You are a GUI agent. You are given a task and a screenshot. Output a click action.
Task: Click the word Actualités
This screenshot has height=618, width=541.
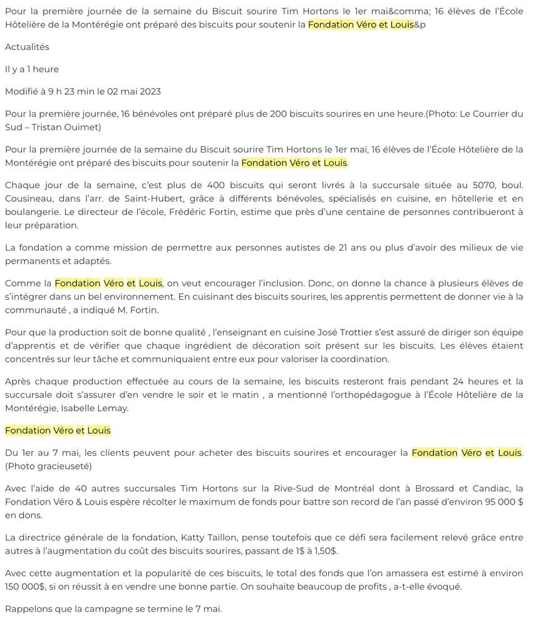[27, 47]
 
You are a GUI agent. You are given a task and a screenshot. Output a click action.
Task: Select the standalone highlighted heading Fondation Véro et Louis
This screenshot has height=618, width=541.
[58, 431]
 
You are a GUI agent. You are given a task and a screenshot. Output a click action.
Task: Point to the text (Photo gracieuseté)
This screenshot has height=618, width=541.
[48, 466]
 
